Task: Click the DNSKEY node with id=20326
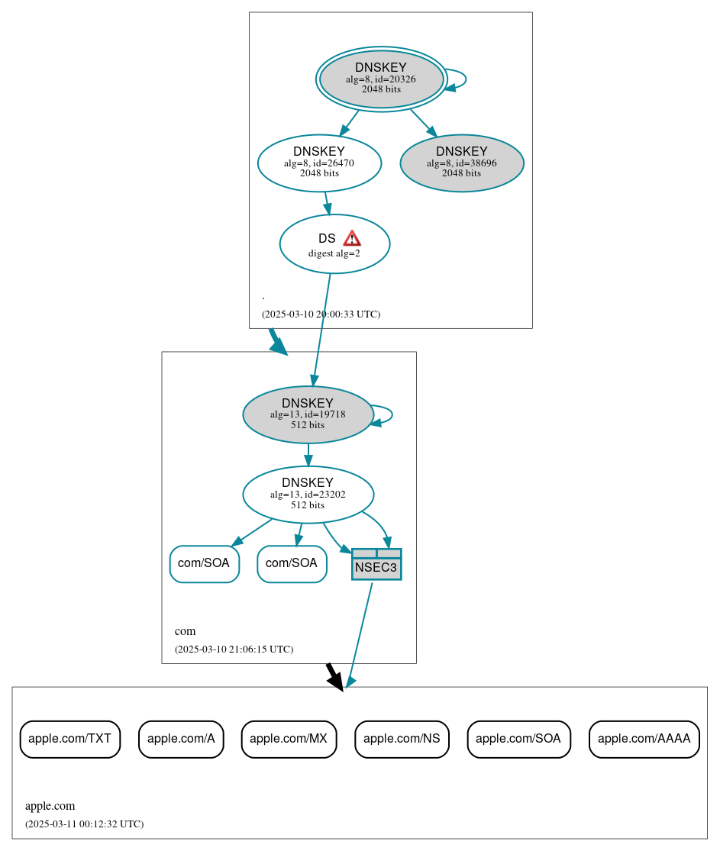(381, 79)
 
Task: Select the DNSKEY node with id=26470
(319, 163)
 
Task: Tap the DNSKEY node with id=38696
(461, 163)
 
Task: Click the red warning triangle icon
(351, 238)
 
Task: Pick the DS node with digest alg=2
(334, 244)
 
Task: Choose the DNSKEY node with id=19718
(308, 414)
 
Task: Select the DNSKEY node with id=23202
(308, 495)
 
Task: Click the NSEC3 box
(376, 565)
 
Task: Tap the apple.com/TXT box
(70, 739)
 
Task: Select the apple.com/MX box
(289, 739)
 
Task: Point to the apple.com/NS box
(402, 739)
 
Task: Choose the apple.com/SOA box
(518, 739)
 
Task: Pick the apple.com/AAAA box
(644, 739)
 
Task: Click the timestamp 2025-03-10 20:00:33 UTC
(321, 314)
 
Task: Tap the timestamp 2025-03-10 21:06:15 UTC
(234, 649)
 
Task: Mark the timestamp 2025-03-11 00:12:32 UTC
(84, 824)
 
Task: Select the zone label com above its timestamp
(185, 631)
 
